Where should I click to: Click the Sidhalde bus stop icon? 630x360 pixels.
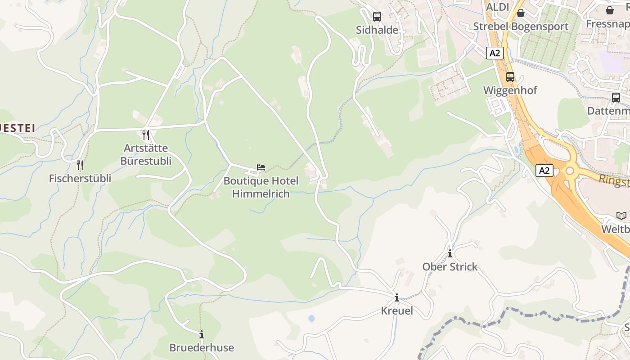[377, 17]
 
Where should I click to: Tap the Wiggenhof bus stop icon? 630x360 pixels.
[510, 77]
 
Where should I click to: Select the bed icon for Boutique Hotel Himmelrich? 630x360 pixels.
[261, 168]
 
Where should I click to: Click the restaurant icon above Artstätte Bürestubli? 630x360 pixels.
[145, 135]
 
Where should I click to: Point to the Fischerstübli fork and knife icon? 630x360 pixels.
[80, 165]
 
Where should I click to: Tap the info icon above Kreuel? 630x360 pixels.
[397, 297]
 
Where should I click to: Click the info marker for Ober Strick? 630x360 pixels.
[450, 254]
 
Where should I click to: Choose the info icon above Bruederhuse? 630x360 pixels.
[202, 334]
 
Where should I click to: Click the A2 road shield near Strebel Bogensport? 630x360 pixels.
[495, 53]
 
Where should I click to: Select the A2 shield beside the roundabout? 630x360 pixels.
[544, 171]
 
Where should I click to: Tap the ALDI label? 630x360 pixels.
[498, 7]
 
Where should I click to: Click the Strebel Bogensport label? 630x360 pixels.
[521, 27]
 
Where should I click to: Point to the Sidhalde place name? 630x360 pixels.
[377, 30]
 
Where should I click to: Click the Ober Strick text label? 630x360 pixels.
[450, 267]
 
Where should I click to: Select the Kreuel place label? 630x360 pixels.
[397, 310]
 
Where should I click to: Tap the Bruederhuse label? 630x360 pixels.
[202, 347]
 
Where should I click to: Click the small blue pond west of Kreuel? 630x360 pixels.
[311, 319]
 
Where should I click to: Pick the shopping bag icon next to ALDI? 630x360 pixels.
[521, 13]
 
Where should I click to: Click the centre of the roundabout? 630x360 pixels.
[570, 171]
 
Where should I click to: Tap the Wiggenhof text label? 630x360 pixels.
[510, 90]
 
